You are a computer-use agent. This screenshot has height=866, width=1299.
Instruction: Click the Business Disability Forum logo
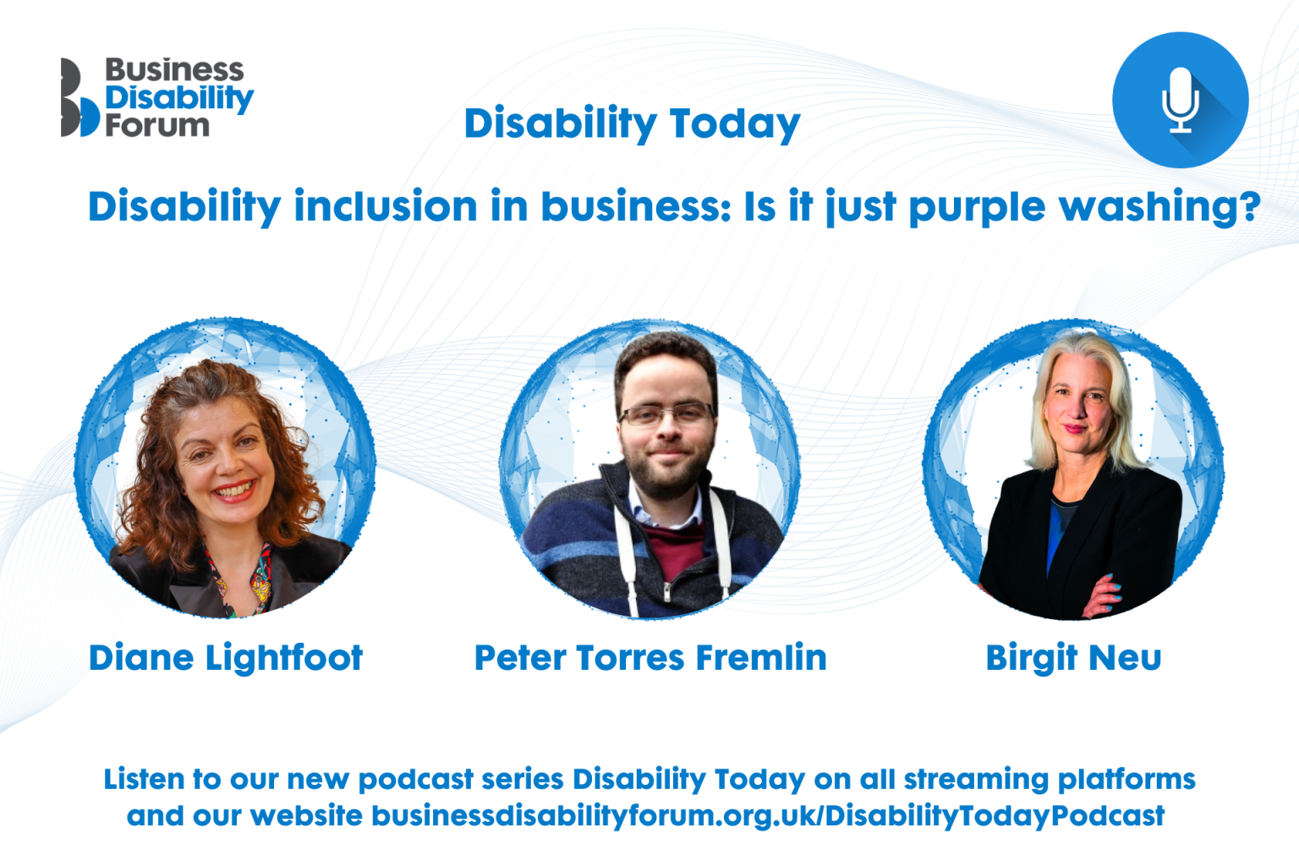click(x=156, y=97)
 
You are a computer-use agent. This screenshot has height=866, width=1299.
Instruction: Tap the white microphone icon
click(x=1180, y=100)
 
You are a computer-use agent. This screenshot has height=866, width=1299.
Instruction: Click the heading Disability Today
click(x=632, y=123)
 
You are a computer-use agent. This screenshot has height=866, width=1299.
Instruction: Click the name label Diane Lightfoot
click(x=226, y=658)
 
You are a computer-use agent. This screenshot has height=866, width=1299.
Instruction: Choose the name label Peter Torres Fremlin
click(x=649, y=658)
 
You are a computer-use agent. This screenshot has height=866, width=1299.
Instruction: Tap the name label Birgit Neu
click(x=1073, y=658)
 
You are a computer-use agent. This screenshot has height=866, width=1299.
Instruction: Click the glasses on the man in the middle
click(x=666, y=414)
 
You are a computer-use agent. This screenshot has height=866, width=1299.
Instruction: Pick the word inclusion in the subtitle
click(x=386, y=207)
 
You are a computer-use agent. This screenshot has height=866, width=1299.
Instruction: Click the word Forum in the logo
click(x=156, y=126)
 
